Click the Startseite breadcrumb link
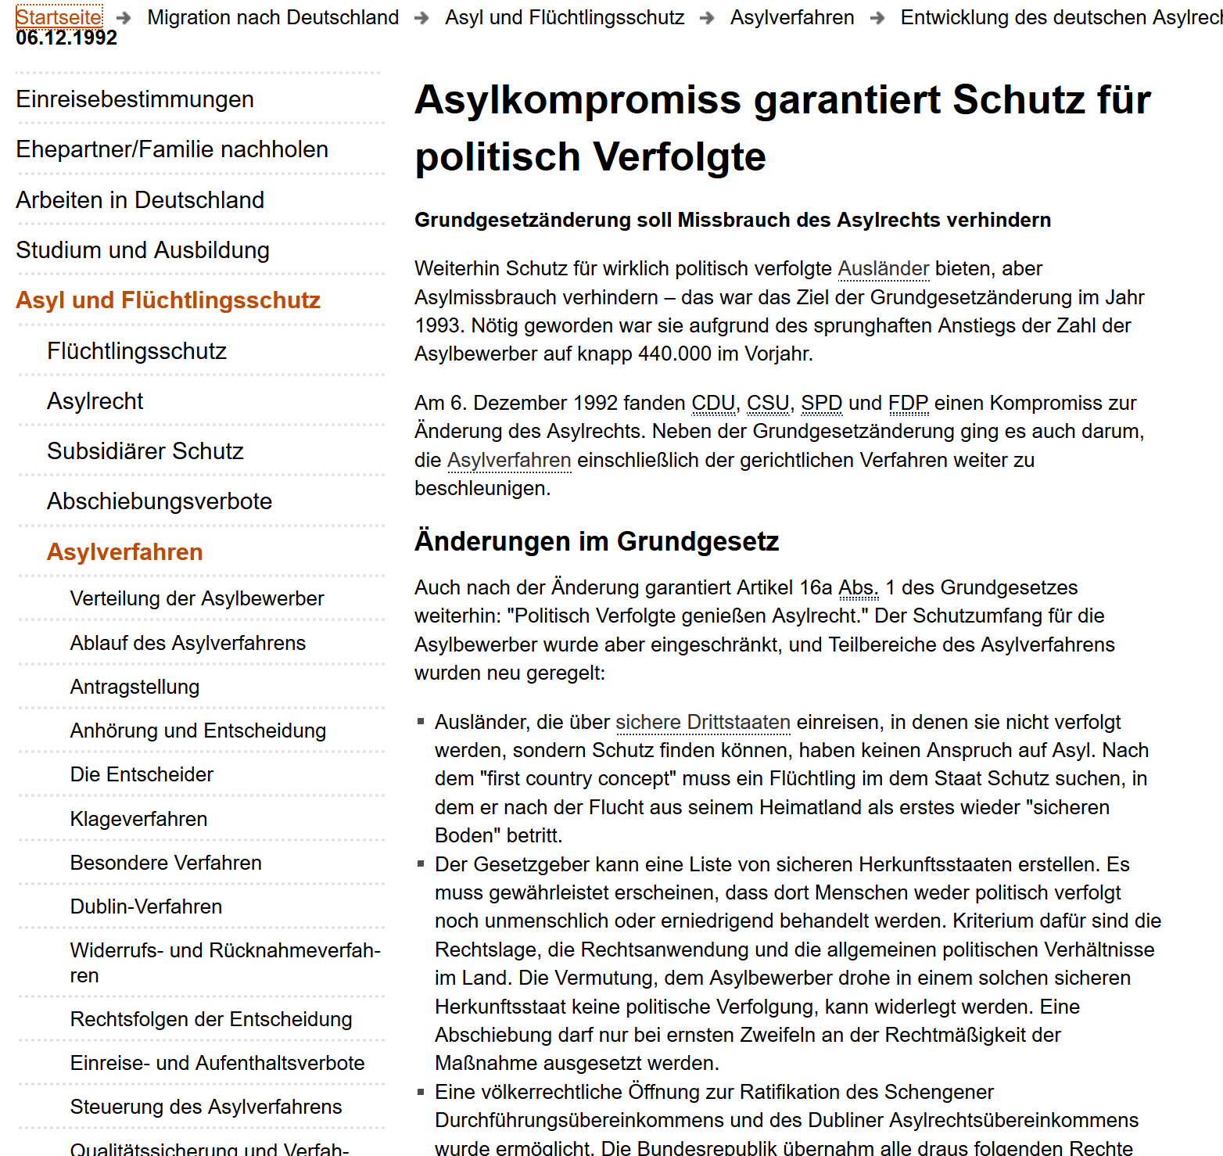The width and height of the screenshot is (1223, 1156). (59, 16)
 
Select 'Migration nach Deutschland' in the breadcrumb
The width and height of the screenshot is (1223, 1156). (273, 17)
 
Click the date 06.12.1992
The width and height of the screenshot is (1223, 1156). (66, 38)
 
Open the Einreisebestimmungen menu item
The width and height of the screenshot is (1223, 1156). (134, 99)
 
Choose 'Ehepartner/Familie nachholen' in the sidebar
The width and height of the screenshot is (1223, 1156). (172, 149)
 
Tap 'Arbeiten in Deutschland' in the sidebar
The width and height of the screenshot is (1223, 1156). (140, 200)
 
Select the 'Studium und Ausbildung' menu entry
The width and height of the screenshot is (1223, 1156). (142, 250)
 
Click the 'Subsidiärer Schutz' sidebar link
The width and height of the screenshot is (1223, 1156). (145, 451)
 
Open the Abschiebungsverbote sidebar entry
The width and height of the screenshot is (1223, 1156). (160, 501)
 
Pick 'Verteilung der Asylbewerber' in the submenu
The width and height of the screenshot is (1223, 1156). (197, 598)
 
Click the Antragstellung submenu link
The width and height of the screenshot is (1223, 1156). (134, 687)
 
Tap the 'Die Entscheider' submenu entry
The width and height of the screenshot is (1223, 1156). (142, 774)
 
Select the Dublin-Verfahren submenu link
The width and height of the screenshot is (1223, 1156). (146, 906)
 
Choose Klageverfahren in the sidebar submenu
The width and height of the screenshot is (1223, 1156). (138, 819)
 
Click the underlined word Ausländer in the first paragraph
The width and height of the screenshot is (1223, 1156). (884, 269)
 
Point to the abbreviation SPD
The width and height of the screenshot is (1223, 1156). (821, 404)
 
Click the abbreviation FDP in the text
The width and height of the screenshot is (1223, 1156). (908, 404)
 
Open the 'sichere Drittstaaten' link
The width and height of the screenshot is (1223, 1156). (703, 723)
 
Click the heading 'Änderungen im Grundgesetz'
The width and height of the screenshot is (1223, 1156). (597, 541)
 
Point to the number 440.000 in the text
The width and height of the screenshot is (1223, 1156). (674, 354)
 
